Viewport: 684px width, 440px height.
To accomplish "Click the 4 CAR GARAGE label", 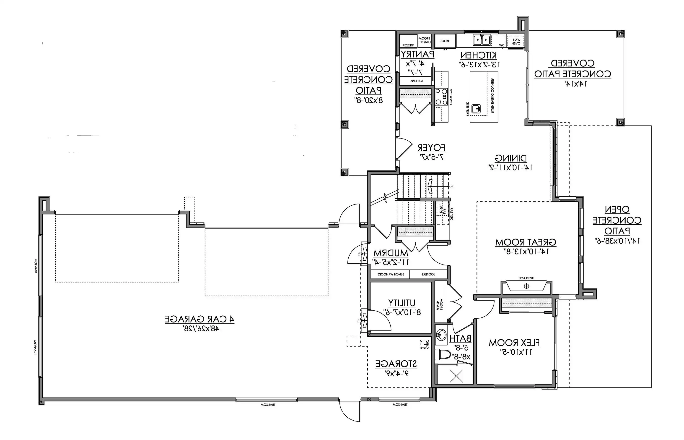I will pyautogui.click(x=199, y=319).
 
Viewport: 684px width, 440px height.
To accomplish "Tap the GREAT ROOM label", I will pyautogui.click(x=526, y=242).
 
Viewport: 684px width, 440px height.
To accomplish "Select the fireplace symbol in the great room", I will pyautogui.click(x=526, y=286).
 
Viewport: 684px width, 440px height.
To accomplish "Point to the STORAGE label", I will pyautogui.click(x=396, y=364).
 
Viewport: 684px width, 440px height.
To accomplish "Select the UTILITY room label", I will pyautogui.click(x=402, y=303).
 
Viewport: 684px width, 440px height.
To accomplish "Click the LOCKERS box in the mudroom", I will pyautogui.click(x=428, y=274).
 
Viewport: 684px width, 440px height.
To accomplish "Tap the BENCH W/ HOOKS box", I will pyautogui.click(x=391, y=274).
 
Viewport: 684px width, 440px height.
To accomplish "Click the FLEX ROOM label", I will pyautogui.click(x=514, y=343).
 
